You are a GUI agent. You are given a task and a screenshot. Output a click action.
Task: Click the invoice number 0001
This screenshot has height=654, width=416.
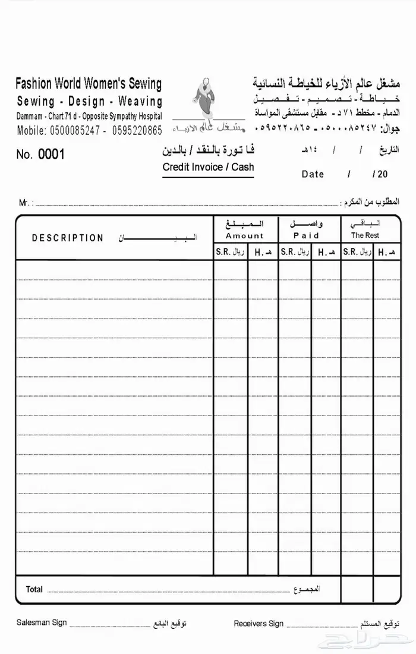coord(51,155)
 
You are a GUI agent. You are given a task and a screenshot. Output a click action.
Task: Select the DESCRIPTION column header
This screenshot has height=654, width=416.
coord(68,238)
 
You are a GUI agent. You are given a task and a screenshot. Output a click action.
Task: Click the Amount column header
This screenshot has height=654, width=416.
coord(244,236)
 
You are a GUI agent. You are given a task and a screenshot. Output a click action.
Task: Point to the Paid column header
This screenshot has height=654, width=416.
coord(306,236)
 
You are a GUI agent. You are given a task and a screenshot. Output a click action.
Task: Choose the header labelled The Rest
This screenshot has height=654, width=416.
coord(365,235)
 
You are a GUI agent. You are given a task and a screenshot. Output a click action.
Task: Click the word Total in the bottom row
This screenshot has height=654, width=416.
coord(34,589)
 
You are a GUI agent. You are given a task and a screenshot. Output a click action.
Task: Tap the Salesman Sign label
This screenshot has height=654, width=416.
coord(42,622)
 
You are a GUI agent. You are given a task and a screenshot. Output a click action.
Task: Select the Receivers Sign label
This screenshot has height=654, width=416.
coord(259,624)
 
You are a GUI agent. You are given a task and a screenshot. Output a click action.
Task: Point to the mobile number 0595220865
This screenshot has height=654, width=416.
coord(137,130)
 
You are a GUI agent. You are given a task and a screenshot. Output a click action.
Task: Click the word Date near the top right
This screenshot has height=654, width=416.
coord(313,174)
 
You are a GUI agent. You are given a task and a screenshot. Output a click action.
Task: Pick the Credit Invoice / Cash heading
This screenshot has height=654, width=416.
coord(208,167)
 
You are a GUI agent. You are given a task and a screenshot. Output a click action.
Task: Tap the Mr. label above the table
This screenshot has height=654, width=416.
coord(26,203)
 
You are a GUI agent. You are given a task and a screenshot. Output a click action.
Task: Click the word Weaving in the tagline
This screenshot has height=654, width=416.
coord(140,101)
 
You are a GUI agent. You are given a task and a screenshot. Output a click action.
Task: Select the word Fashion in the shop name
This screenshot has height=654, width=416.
coord(34,83)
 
